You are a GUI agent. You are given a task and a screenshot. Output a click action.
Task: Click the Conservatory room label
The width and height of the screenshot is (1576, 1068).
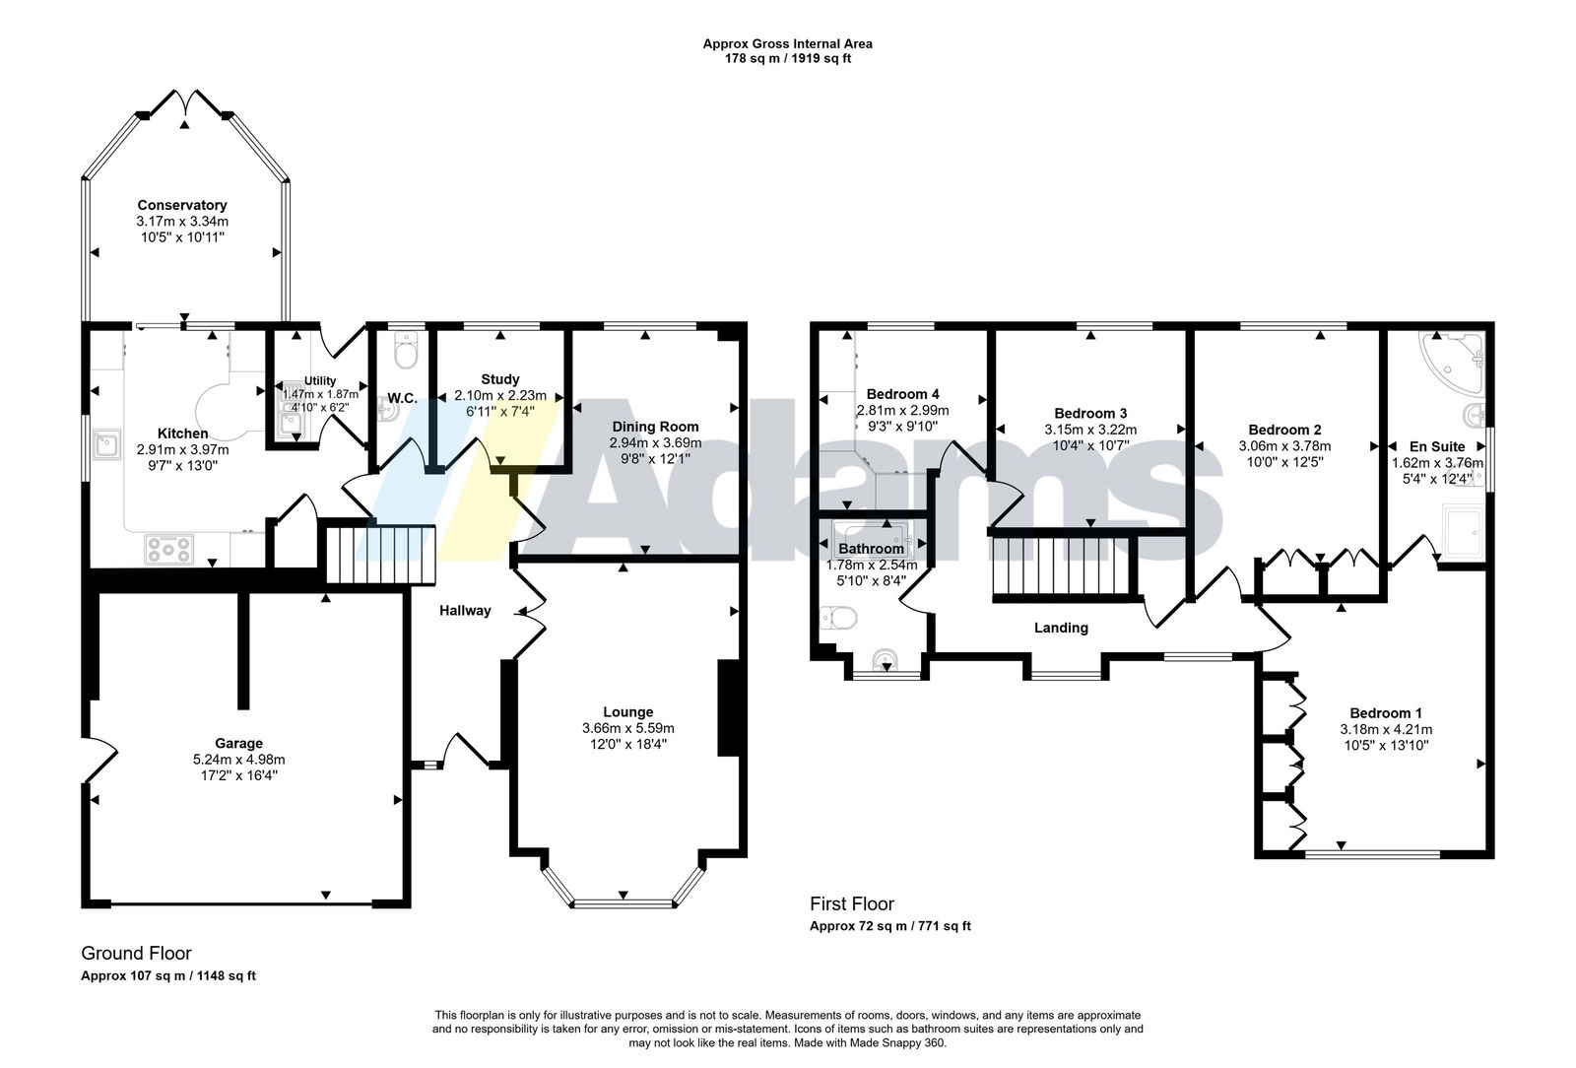[182, 206]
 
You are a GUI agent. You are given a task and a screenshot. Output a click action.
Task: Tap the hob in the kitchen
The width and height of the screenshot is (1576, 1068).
[168, 550]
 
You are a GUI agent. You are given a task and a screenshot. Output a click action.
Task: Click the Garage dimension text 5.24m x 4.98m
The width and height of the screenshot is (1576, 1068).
[238, 760]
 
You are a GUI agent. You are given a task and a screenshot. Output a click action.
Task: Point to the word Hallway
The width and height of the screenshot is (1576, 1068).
[464, 611]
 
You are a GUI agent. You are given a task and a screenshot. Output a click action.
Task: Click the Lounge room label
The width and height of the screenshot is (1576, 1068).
[627, 712]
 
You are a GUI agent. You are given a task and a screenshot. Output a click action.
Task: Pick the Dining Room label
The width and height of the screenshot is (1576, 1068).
[655, 427]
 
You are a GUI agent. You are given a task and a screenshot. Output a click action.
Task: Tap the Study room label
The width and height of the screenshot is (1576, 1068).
[500, 379]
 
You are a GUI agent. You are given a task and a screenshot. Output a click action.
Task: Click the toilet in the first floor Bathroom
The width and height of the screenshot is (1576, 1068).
[838, 619]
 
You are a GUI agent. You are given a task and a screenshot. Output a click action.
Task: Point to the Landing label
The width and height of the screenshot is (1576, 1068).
[1061, 629]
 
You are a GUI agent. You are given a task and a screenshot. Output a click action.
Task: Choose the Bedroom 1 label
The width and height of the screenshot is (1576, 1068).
[1380, 713]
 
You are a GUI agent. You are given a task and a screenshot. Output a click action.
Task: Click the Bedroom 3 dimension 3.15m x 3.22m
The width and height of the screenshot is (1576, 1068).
[1090, 430]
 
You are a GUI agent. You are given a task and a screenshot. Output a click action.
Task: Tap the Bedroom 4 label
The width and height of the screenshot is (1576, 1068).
[902, 394]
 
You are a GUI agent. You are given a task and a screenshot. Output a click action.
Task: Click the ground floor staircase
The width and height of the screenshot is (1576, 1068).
[380, 555]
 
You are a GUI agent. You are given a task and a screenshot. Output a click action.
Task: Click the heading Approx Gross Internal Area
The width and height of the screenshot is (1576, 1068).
[787, 43]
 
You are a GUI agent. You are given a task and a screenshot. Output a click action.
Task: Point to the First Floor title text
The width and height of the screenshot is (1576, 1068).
[851, 904]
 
